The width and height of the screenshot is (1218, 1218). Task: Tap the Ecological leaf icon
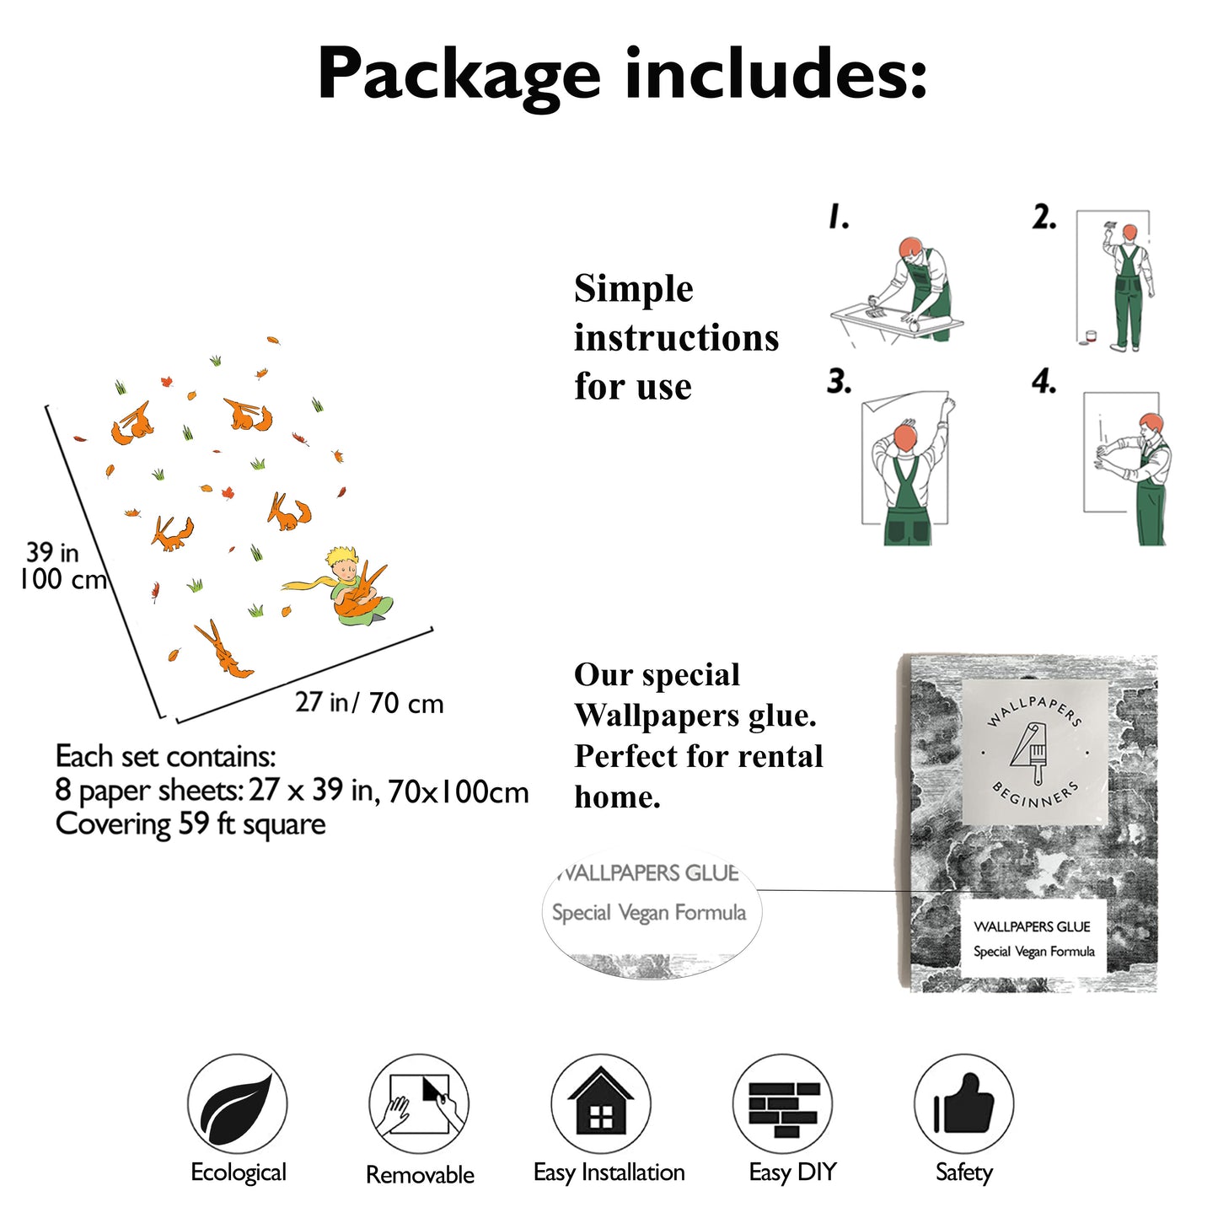pos(237,1103)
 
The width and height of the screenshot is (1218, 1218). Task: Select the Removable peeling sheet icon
pos(419,1103)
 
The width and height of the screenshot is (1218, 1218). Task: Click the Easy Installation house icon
pos(601,1103)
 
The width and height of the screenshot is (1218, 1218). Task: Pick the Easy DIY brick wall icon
pos(783,1103)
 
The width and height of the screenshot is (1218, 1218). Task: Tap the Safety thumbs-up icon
pos(963,1103)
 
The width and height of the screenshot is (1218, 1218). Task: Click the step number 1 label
pos(838,217)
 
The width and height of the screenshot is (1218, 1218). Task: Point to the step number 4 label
pos(1044,382)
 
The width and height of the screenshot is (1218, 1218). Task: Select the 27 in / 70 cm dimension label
pos(369,703)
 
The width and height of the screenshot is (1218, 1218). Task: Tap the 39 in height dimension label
pos(52,553)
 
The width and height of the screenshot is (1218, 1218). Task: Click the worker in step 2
pos(1127,287)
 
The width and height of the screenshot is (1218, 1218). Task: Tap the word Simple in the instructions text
pos(634,289)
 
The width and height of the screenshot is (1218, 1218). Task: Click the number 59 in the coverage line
pos(194,824)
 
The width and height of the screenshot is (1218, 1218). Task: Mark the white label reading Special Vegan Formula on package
pos(1033,939)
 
